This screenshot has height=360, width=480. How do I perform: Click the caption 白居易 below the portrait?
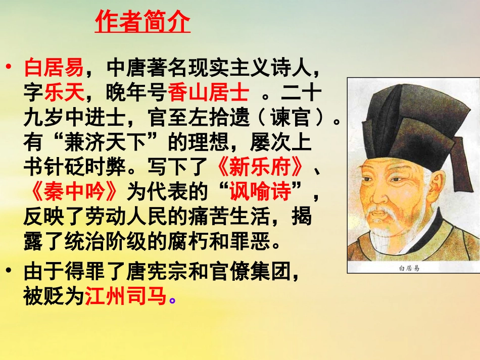point(409,268)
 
